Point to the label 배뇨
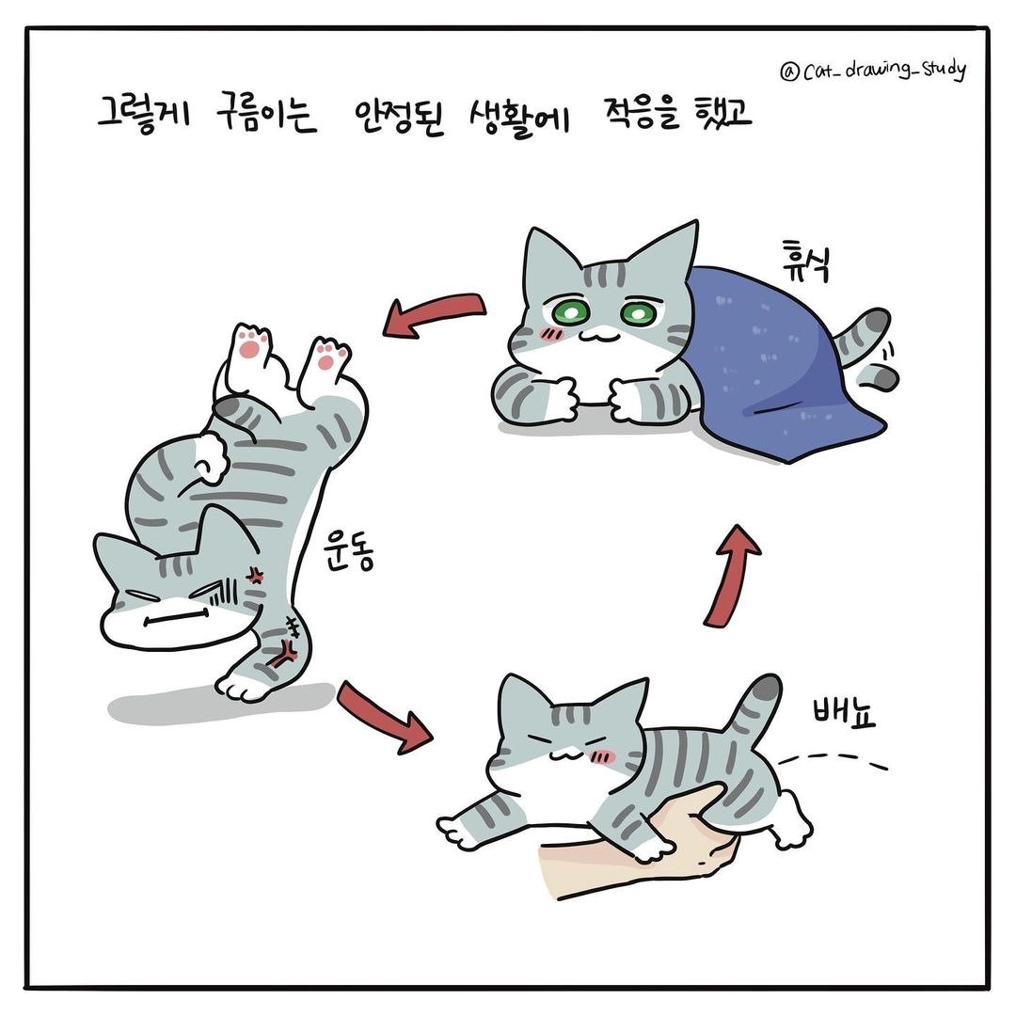tap(843, 712)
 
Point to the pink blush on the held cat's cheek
tap(610, 754)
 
